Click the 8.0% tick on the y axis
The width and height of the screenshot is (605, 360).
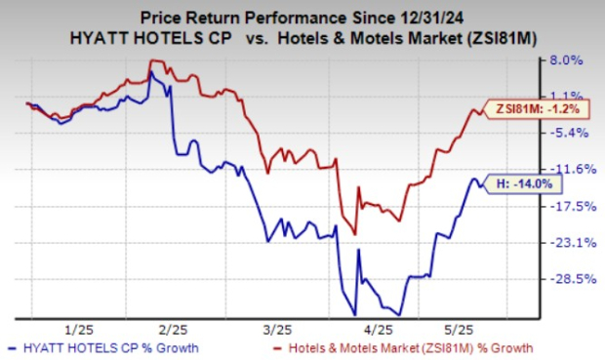click(566, 60)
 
